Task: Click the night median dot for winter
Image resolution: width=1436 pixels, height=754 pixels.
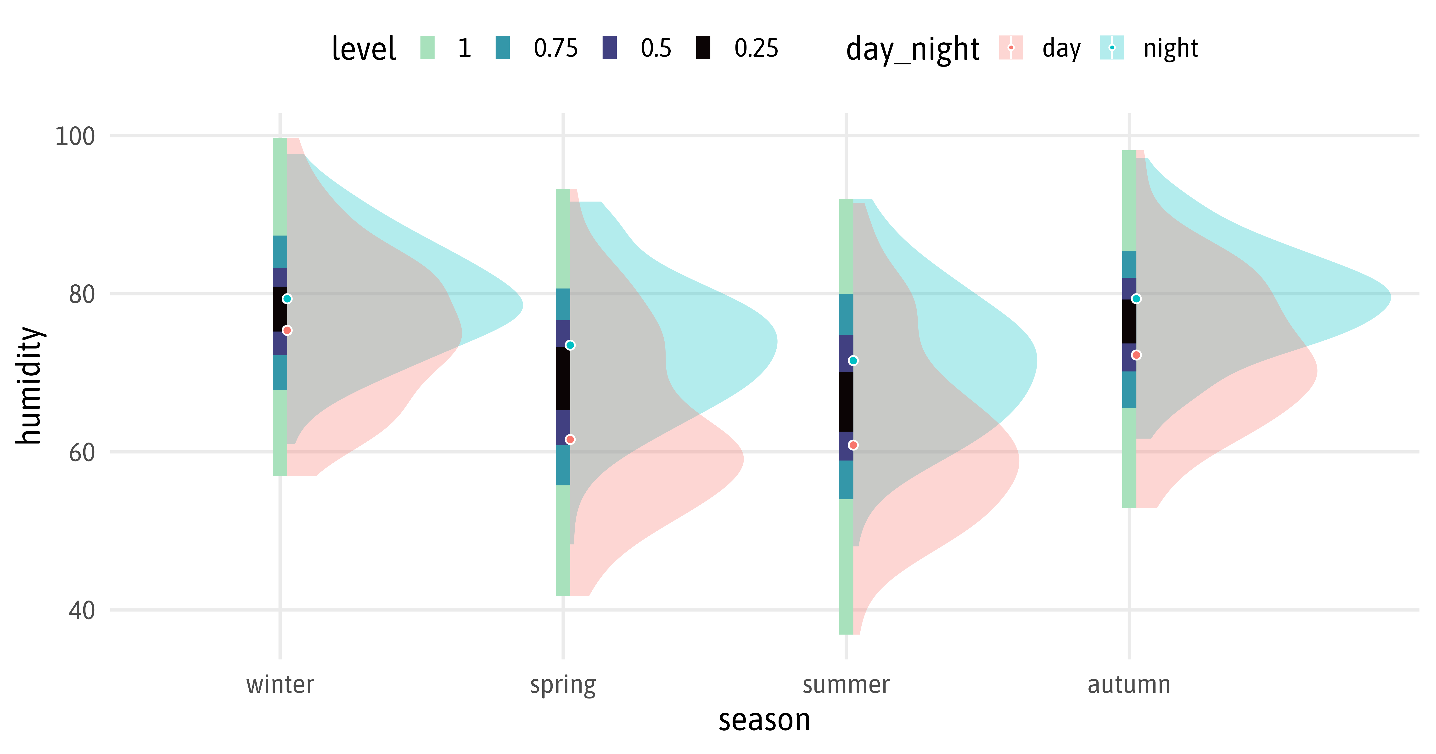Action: [287, 299]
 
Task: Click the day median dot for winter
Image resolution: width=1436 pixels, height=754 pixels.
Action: [287, 331]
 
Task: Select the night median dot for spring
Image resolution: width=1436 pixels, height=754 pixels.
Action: [570, 345]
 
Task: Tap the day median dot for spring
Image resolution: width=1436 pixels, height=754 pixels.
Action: [570, 439]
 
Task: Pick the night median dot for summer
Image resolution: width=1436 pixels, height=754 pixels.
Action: [853, 361]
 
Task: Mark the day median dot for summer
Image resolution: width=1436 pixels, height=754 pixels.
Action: [853, 445]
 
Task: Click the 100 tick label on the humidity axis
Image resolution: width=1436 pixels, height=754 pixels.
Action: [75, 136]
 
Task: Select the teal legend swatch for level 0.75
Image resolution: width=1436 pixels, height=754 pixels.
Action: [502, 47]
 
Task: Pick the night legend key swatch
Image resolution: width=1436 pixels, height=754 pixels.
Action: [1111, 47]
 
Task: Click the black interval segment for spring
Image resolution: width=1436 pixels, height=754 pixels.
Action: [563, 379]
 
